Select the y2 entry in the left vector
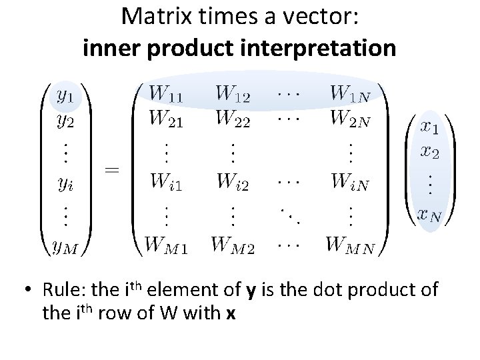(65, 122)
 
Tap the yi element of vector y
(65, 183)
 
